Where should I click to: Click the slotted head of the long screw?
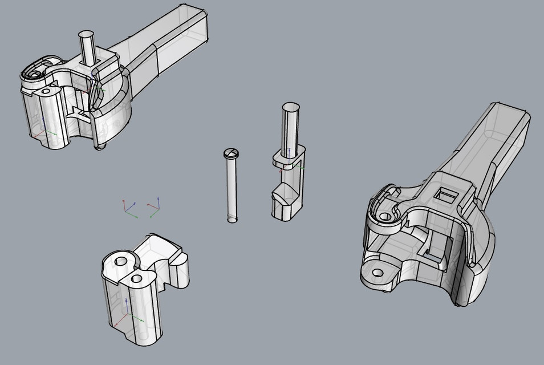[231, 153]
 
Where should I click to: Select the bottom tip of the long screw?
[232, 219]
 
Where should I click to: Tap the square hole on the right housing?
[445, 196]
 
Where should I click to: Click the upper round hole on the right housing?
[385, 217]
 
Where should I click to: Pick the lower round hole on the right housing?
[376, 273]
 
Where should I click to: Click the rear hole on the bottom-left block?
[121, 261]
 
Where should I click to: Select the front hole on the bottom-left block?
[136, 278]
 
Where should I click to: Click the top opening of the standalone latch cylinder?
[290, 106]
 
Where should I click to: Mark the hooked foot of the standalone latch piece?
[283, 202]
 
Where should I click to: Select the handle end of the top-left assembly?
[194, 23]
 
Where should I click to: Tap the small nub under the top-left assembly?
[100, 147]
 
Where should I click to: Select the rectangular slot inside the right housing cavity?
[432, 255]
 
